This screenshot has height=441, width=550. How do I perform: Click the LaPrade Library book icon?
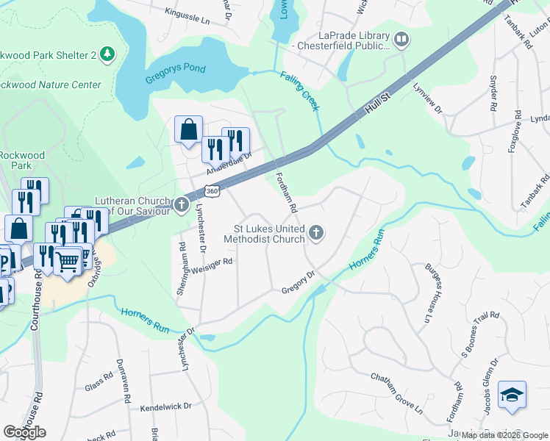tap(401, 39)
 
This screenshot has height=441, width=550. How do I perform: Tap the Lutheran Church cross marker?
tap(182, 206)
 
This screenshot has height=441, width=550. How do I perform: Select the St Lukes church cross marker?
tap(316, 233)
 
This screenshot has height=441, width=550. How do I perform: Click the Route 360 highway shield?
tap(212, 191)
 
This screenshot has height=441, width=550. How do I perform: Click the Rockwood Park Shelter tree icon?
tap(107, 54)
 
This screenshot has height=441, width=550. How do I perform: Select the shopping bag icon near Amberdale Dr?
tap(188, 129)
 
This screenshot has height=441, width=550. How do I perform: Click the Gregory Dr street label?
tap(299, 284)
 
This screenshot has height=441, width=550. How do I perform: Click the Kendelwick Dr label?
tap(165, 406)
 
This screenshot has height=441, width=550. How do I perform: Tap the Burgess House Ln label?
tap(425, 294)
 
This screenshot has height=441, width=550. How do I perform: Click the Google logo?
tap(24, 432)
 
